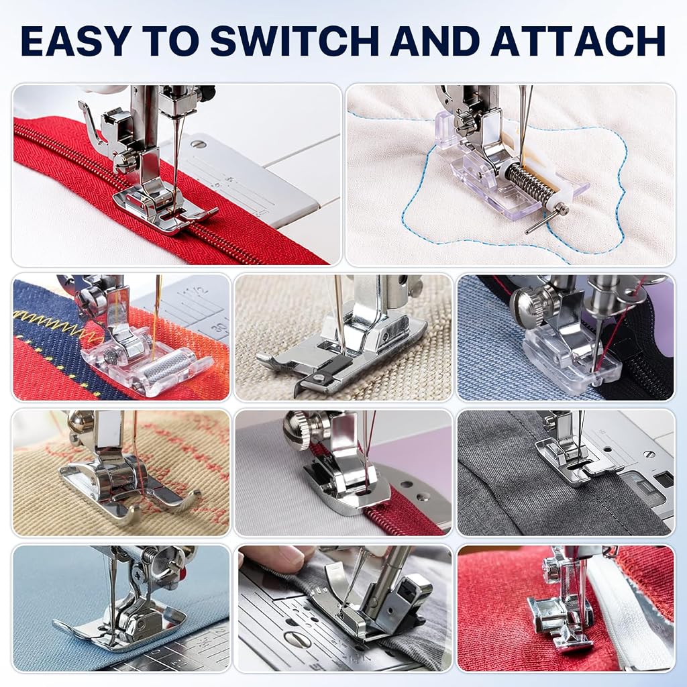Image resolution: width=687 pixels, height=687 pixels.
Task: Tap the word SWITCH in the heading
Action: [295, 41]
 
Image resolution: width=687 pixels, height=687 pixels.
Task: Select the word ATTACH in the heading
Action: [578, 41]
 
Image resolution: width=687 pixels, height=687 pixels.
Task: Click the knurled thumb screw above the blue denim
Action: [535, 302]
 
